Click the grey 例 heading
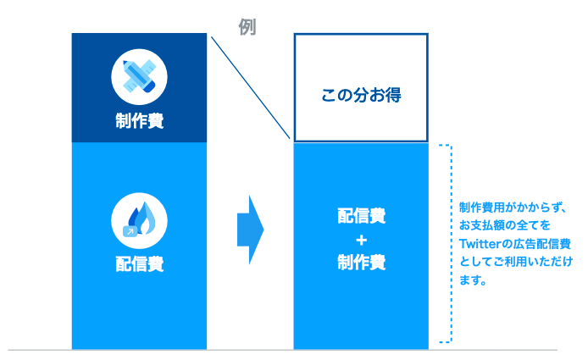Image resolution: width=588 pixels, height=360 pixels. [247, 26]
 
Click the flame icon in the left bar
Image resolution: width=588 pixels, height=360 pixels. [140, 219]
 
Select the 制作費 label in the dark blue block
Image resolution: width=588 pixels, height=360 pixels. [139, 121]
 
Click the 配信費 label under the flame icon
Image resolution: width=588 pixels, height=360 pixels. [139, 263]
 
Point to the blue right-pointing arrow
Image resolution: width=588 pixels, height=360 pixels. [251, 229]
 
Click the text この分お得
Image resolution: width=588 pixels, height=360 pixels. [360, 95]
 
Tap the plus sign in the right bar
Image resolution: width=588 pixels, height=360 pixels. [360, 240]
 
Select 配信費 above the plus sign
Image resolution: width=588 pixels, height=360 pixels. [360, 217]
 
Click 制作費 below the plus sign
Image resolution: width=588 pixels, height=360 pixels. [360, 263]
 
